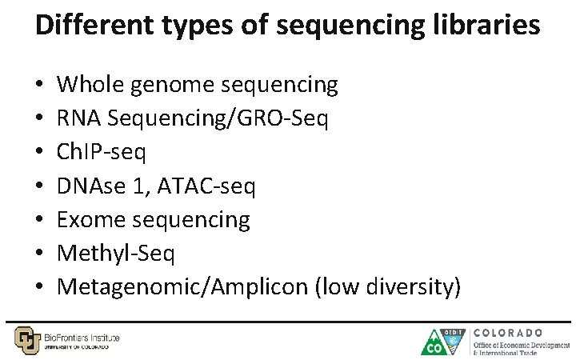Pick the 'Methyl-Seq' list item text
click(x=116, y=253)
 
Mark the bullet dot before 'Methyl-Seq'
click(x=39, y=254)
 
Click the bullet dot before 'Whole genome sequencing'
click(x=39, y=85)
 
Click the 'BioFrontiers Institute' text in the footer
click(x=82, y=338)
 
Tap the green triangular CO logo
click(x=435, y=342)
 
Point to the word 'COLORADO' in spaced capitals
click(x=509, y=332)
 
